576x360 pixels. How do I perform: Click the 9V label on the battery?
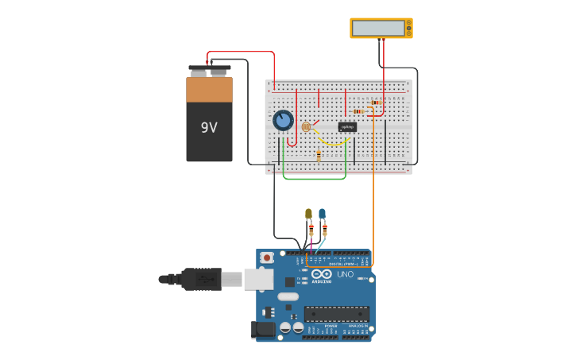coord(209,128)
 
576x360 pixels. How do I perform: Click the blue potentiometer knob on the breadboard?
coord(283,120)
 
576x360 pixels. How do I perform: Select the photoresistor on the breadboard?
coord(306,126)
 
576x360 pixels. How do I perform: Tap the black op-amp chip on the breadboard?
coord(347,126)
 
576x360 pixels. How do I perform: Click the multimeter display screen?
coord(378,28)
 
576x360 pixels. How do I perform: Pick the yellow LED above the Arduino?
coord(308,214)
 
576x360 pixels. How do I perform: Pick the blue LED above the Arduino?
coord(322,214)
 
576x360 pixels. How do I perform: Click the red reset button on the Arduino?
coord(268,257)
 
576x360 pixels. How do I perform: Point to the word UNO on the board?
coord(346,274)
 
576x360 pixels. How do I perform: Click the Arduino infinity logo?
coord(321,274)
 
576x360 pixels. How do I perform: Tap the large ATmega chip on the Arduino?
coord(336,314)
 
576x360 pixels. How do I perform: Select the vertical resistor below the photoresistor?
coord(319,156)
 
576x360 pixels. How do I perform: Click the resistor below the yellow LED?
coord(311,230)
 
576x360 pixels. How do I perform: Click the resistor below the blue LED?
coord(324,230)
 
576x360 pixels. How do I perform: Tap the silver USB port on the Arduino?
coord(258,279)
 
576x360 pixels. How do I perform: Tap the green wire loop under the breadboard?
coord(315,178)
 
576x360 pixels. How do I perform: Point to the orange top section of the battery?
coord(209,90)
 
